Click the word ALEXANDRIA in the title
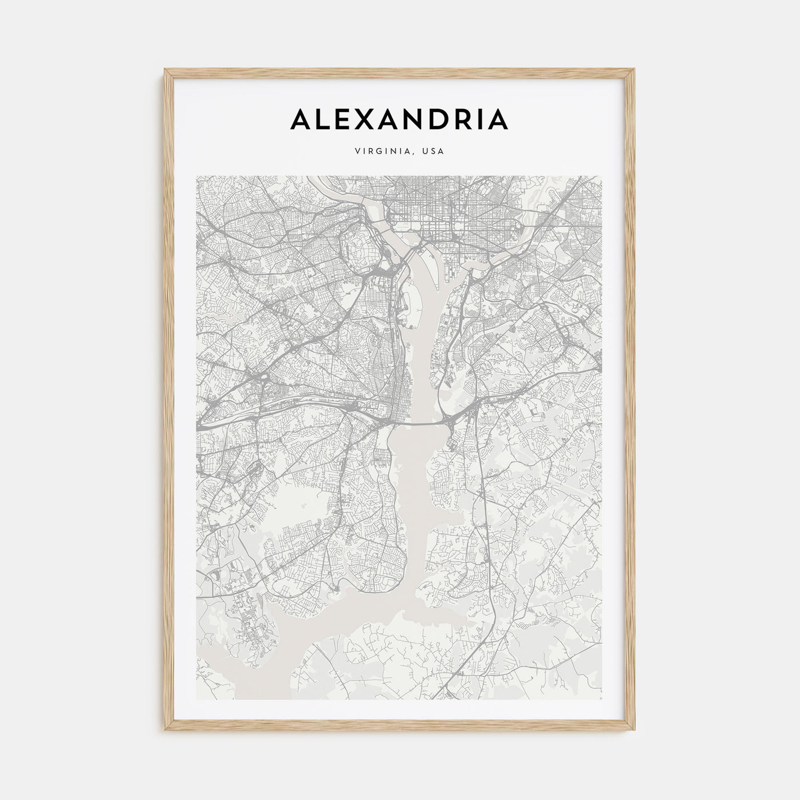pos(399,119)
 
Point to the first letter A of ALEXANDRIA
pos(302,119)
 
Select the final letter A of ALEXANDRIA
pos(498,119)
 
